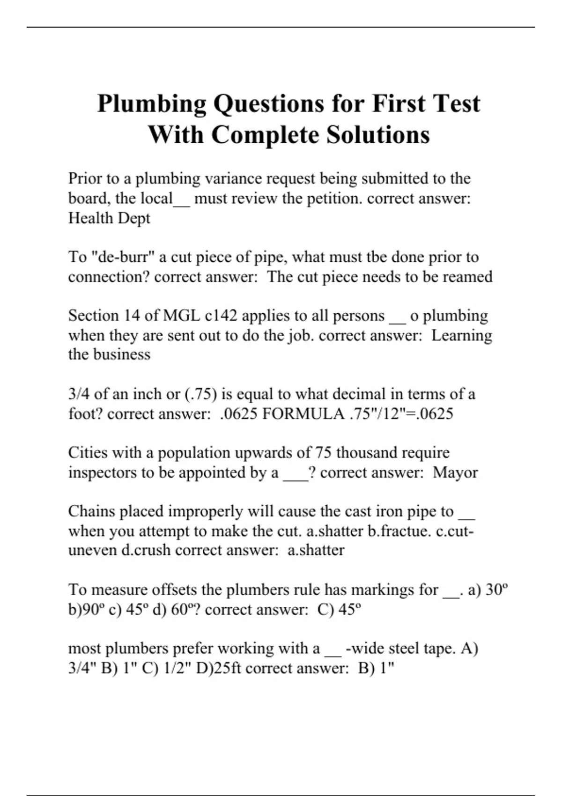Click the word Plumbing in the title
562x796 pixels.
[x=151, y=104]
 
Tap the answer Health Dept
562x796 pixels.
[x=109, y=218]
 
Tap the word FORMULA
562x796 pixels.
[x=303, y=414]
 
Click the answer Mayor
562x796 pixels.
[x=455, y=472]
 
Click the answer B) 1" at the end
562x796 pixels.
[x=376, y=668]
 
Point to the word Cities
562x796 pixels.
[x=88, y=453]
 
